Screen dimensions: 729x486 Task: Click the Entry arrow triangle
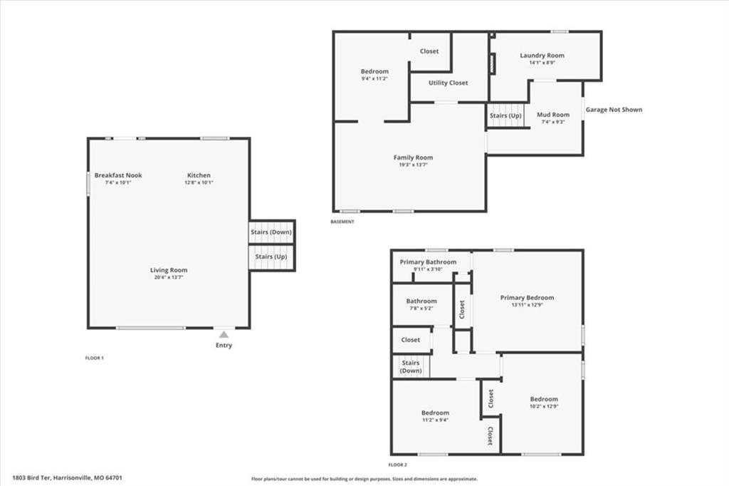coord(224,334)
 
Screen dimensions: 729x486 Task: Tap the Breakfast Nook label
coord(118,175)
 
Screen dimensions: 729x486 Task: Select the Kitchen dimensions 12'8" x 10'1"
coord(199,182)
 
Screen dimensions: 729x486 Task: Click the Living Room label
coord(169,270)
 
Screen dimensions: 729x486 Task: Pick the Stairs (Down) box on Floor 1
coord(271,232)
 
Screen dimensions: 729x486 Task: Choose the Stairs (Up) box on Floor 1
coord(271,257)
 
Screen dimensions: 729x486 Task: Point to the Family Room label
coord(414,157)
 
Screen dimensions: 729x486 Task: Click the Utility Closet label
coord(449,83)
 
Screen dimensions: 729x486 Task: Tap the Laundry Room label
coord(542,56)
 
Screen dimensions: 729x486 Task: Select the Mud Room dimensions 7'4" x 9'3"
coord(553,122)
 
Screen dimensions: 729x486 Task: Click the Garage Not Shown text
coord(614,110)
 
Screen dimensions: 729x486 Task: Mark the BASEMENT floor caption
coord(342,222)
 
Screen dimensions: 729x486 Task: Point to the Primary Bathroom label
coord(428,262)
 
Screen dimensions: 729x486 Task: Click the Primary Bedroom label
coord(528,297)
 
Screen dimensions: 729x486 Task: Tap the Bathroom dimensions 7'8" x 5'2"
coord(421,308)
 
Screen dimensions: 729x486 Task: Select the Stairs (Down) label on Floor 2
coord(411,366)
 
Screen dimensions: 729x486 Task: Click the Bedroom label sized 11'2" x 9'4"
coord(435,413)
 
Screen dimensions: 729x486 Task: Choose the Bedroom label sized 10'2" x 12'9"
coord(544,399)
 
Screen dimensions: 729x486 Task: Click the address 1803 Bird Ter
coord(31,477)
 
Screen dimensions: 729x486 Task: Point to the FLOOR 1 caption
coord(95,358)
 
